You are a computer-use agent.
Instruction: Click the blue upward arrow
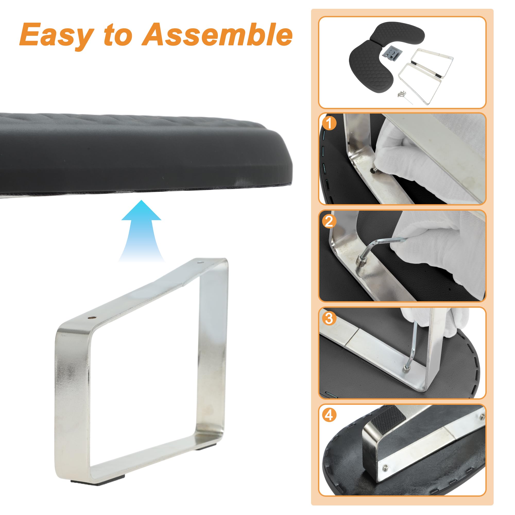tap(141, 231)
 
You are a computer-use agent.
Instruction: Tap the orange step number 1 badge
tap(329, 123)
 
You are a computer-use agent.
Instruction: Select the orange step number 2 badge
tap(329, 221)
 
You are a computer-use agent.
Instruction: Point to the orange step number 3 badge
tap(329, 318)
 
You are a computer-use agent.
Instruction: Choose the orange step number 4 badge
tap(329, 415)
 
